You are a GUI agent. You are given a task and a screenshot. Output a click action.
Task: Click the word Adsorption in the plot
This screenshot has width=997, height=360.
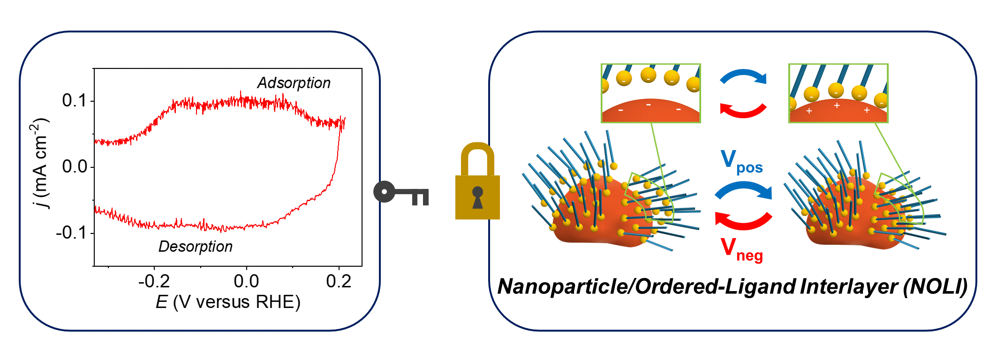294,83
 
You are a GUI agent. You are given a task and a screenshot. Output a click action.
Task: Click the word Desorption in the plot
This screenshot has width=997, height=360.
195,247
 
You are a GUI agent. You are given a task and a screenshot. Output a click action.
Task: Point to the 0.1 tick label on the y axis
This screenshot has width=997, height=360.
74,100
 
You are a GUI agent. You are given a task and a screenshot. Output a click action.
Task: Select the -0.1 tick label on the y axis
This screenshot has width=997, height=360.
71,232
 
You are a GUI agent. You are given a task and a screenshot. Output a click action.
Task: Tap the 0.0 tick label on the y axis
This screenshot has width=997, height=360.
74,166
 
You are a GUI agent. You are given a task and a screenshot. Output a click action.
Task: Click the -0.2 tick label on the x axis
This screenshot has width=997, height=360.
154,281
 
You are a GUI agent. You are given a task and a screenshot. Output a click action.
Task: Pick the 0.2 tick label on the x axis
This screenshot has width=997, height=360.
339,281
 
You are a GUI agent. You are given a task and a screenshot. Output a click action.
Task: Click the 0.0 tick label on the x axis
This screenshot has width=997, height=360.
246,281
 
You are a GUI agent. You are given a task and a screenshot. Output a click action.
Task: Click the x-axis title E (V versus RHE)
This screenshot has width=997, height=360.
228,302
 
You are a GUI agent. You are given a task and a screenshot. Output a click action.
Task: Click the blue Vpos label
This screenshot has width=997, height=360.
741,162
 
